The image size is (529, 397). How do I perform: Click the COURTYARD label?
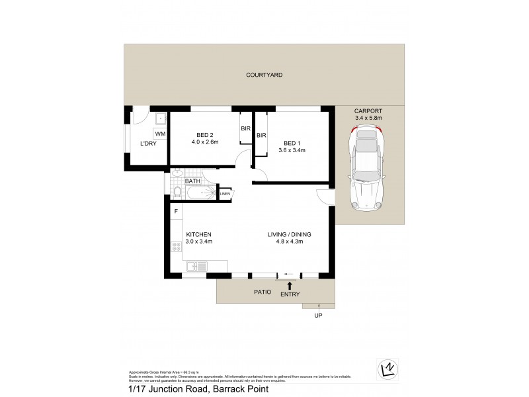tap(264, 75)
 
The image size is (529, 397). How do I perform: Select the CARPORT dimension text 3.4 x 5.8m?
tap(368, 118)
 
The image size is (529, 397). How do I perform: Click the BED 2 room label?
tap(204, 134)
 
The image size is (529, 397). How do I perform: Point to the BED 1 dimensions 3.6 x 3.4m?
tap(292, 150)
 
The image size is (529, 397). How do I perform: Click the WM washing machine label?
tap(160, 134)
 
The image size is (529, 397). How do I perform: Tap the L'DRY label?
tap(147, 144)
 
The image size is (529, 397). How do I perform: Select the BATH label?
tap(192, 181)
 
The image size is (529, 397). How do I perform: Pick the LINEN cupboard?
tap(225, 194)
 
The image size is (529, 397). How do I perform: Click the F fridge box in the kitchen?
tap(176, 212)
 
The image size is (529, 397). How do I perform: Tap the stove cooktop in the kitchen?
tap(177, 247)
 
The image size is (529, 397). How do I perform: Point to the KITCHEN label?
tap(198, 235)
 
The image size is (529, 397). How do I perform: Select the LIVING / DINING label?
tap(289, 235)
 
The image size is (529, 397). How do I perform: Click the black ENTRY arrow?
tap(289, 285)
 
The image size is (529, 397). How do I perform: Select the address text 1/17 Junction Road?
tap(167, 390)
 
